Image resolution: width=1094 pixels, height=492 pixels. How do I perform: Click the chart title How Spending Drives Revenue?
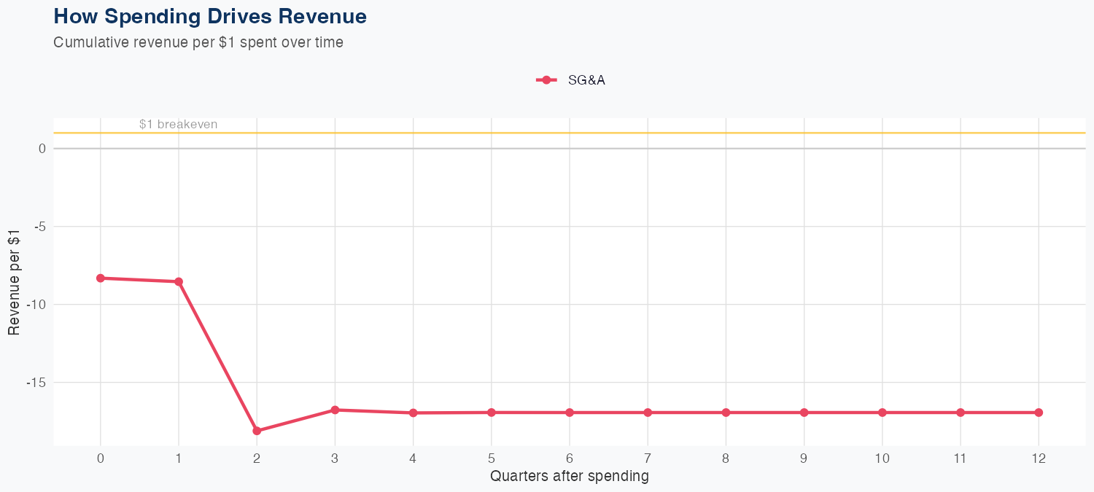210,16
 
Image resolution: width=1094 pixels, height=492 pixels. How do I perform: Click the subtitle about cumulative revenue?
198,42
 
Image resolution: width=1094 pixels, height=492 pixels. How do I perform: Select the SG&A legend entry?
571,80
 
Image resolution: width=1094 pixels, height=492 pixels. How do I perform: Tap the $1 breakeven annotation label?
178,125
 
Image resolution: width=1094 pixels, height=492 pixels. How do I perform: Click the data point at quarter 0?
101,278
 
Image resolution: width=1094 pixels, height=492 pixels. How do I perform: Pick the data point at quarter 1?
179,281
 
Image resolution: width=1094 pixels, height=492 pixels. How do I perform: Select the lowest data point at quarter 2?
257,431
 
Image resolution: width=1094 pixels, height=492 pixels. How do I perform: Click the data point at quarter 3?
335,410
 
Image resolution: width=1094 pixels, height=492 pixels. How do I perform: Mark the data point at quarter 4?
413,413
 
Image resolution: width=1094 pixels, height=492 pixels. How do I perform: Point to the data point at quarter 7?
648,413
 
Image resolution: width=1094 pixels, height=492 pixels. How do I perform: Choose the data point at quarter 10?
882,413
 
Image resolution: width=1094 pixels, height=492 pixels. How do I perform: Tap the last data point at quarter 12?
1039,413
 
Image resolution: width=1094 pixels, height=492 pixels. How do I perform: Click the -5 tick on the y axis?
40,227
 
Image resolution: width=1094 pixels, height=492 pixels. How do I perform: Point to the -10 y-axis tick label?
37,305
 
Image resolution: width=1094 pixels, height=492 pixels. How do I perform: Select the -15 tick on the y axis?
37,383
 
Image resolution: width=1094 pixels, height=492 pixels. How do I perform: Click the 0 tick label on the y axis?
43,149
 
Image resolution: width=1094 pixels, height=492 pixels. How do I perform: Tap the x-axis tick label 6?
570,458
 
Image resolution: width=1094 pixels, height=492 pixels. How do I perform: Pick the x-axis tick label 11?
961,458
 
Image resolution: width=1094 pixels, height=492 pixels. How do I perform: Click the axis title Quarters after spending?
570,477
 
